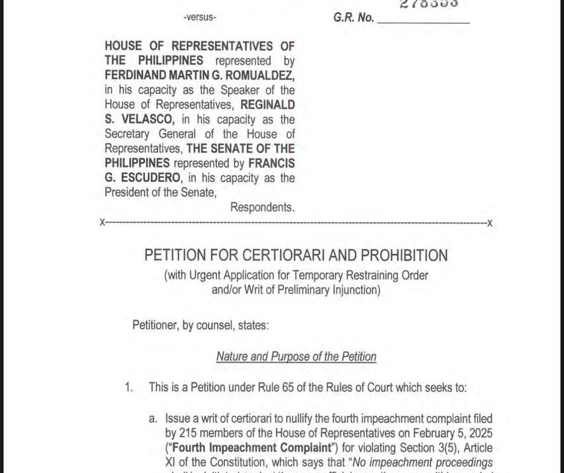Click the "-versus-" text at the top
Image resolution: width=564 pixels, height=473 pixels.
(199, 17)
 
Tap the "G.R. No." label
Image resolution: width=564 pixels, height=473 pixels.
(353, 18)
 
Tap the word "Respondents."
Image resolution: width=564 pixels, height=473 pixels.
(262, 207)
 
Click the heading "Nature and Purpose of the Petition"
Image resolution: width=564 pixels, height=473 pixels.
(296, 357)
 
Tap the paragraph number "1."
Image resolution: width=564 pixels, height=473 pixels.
(129, 387)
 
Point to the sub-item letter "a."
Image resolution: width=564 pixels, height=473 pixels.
(154, 418)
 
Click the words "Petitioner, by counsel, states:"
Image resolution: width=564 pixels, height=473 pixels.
(201, 325)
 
